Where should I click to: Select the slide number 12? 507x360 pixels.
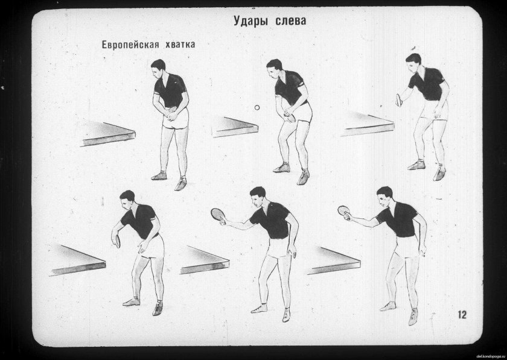[x=462, y=314]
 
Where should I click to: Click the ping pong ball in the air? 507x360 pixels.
[x=257, y=107]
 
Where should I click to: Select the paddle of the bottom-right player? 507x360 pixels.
[x=344, y=210]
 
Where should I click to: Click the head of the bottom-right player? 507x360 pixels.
[x=384, y=195]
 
